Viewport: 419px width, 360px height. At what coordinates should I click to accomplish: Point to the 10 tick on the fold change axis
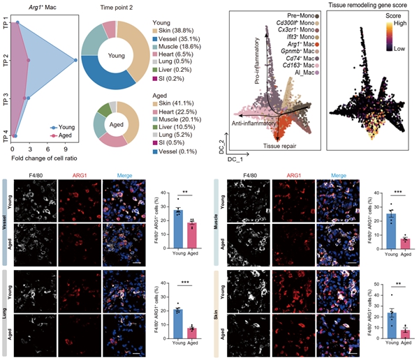click(66, 149)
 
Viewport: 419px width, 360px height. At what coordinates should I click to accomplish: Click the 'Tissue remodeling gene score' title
click(369, 7)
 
